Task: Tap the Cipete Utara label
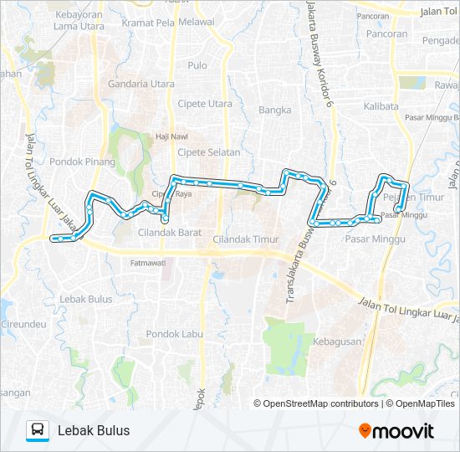click(205, 104)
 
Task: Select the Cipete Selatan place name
click(209, 152)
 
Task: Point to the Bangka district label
click(274, 110)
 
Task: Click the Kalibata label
click(381, 106)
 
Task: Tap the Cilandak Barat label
click(170, 232)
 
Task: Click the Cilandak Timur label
click(245, 239)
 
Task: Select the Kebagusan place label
click(337, 342)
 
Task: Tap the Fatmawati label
click(147, 263)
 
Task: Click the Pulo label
click(198, 65)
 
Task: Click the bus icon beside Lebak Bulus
click(38, 430)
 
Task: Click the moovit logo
click(396, 431)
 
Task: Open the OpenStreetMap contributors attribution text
click(321, 403)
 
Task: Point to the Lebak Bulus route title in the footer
click(94, 430)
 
